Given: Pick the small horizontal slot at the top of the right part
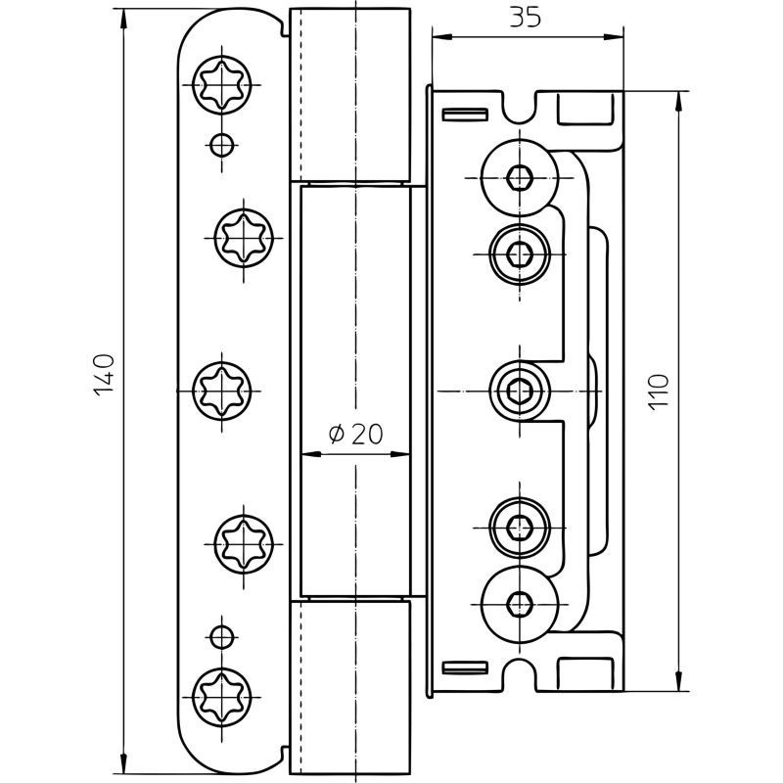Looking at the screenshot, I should [x=465, y=114].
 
